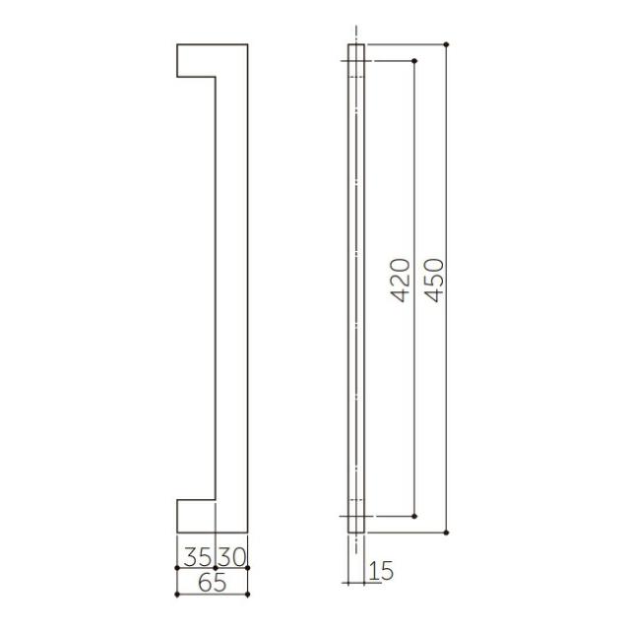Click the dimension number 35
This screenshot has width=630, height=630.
(x=197, y=556)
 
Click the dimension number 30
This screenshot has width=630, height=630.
(x=232, y=556)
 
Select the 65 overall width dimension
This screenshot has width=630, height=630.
(x=213, y=583)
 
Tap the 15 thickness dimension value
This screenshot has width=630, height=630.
(x=381, y=571)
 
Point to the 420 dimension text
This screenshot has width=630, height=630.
(x=401, y=281)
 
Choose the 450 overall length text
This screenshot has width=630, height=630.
(x=434, y=281)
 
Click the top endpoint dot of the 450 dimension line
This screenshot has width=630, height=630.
(x=446, y=44)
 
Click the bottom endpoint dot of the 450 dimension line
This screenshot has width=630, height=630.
(x=446, y=533)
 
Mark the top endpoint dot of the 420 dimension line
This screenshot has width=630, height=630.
(x=414, y=61)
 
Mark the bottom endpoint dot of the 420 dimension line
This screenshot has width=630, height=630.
(x=414, y=516)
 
